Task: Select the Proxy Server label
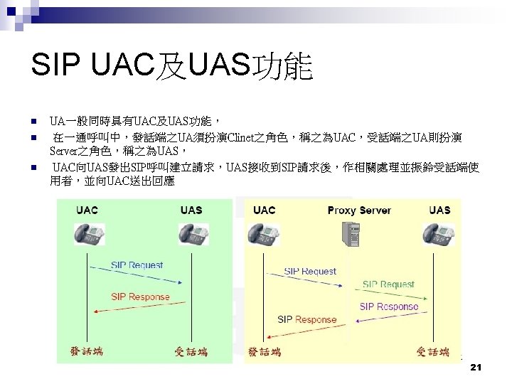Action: (x=359, y=210)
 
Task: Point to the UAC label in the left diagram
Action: (x=87, y=210)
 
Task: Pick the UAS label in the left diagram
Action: (x=191, y=210)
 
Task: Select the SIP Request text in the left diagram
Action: (x=137, y=265)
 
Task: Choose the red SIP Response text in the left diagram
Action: (x=140, y=297)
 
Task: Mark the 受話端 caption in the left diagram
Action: (x=191, y=351)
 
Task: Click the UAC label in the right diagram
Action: (x=264, y=210)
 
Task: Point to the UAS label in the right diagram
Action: (x=439, y=210)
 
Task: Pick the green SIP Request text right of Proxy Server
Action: (x=388, y=284)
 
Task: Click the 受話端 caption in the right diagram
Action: (x=433, y=351)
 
